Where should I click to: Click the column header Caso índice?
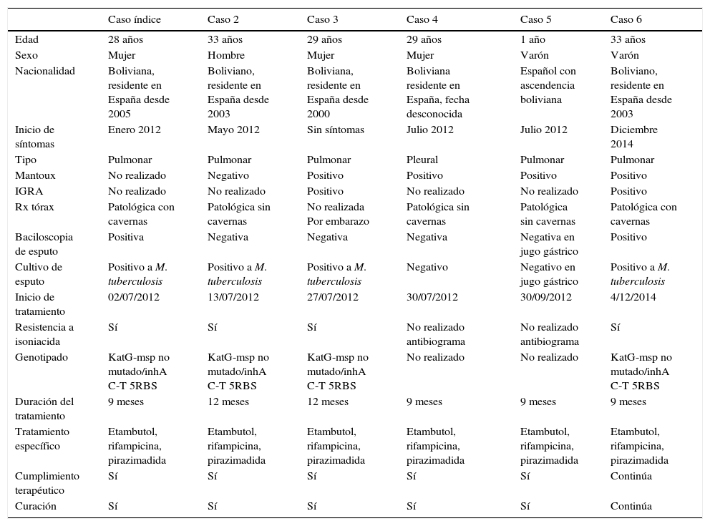(134, 19)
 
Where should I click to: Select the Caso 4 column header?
(422, 19)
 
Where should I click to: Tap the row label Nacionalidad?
(45, 71)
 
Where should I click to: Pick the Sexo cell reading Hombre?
(226, 55)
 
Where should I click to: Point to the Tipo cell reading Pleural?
(422, 160)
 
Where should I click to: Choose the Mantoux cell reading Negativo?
(228, 175)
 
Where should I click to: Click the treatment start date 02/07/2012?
(134, 297)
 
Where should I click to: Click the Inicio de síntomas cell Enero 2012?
(135, 130)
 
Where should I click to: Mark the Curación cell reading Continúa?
(631, 506)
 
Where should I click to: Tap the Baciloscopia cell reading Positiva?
(126, 237)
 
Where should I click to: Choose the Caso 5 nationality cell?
(548, 85)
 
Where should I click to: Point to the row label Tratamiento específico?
(42, 439)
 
